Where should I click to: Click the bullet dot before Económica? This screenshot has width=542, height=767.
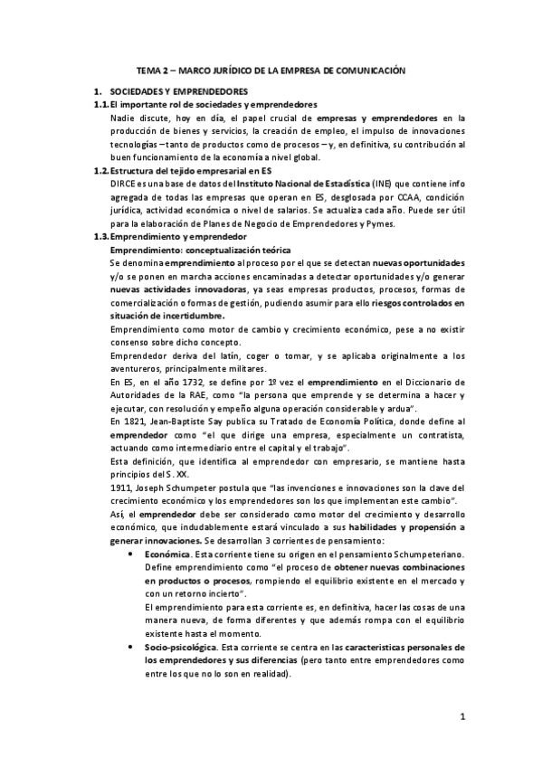click(x=133, y=553)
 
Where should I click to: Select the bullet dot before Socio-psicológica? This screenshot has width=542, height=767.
click(x=133, y=648)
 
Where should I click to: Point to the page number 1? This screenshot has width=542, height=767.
click(x=461, y=719)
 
